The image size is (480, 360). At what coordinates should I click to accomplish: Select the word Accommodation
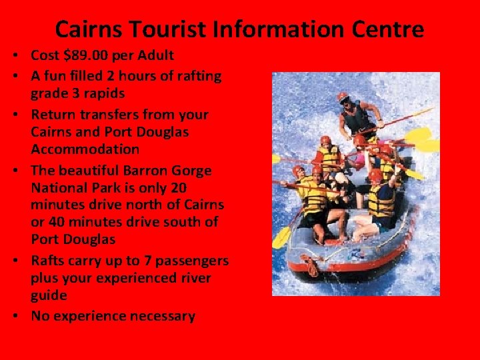pyautogui.click(x=85, y=149)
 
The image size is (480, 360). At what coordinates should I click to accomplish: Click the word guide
pyautogui.click(x=49, y=295)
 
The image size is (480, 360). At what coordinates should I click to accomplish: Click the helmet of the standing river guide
pyautogui.click(x=343, y=97)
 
